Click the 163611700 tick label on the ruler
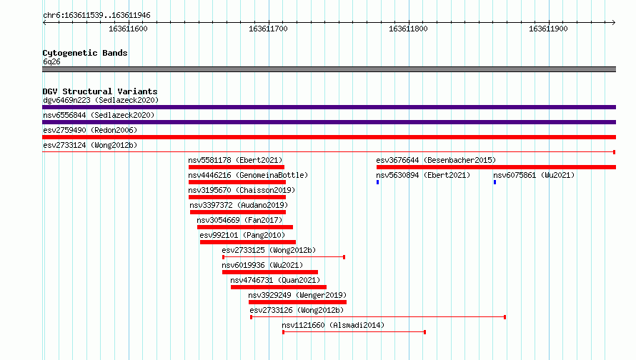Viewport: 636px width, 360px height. [x=268, y=29]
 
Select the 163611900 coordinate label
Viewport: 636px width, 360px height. [x=548, y=29]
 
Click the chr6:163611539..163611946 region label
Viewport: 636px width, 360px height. [x=96, y=16]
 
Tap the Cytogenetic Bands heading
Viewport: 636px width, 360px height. [x=85, y=53]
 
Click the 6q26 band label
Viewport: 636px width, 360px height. [x=51, y=61]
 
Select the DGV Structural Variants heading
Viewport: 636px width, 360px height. [x=100, y=91]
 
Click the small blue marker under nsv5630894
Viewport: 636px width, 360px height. [x=377, y=182]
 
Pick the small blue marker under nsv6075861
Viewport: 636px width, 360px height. [x=495, y=182]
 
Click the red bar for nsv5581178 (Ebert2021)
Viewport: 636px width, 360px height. [x=237, y=167]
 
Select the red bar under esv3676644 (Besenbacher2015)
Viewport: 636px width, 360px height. [x=496, y=167]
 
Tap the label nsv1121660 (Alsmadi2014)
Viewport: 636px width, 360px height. [x=333, y=325]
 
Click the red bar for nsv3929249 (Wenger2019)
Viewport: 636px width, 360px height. [x=297, y=302]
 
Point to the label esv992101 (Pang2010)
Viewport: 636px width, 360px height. [x=242, y=235]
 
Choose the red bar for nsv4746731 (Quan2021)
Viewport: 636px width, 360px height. [x=279, y=287]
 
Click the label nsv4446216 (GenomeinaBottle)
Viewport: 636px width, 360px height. [x=248, y=175]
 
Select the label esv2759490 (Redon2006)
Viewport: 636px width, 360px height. [x=90, y=130]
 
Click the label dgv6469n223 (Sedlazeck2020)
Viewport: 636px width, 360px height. [x=101, y=100]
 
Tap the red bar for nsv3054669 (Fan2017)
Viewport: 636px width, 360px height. [x=245, y=227]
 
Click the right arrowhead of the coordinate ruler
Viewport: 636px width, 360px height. [x=614, y=22]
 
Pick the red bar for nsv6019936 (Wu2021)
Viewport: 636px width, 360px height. [x=270, y=272]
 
